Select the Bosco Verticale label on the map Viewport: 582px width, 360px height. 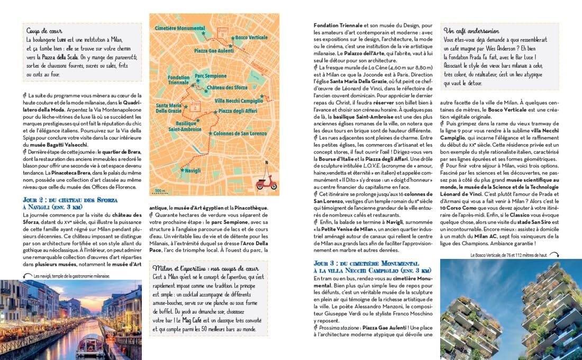[252, 38]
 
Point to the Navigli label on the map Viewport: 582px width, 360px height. [193, 170]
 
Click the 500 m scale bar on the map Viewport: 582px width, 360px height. [159, 191]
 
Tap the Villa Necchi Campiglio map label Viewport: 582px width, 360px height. [239, 101]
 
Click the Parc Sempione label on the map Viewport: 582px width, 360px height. [207, 76]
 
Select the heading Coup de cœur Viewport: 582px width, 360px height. [41, 30]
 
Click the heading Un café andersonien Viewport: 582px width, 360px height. [470, 31]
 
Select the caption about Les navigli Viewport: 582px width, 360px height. [71, 276]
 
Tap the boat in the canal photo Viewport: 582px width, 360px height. [90, 345]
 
